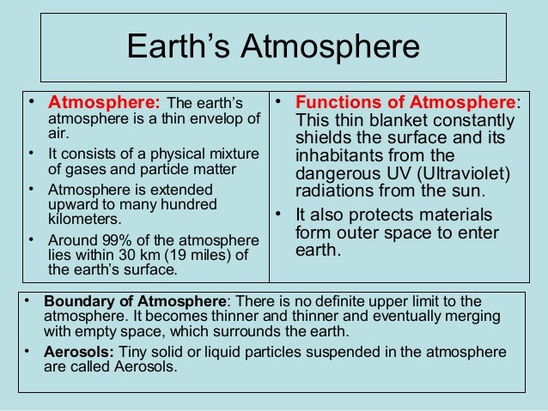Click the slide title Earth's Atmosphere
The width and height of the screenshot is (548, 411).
click(273, 47)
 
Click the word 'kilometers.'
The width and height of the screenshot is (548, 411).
click(79, 219)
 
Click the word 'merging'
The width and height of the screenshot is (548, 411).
click(469, 316)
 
